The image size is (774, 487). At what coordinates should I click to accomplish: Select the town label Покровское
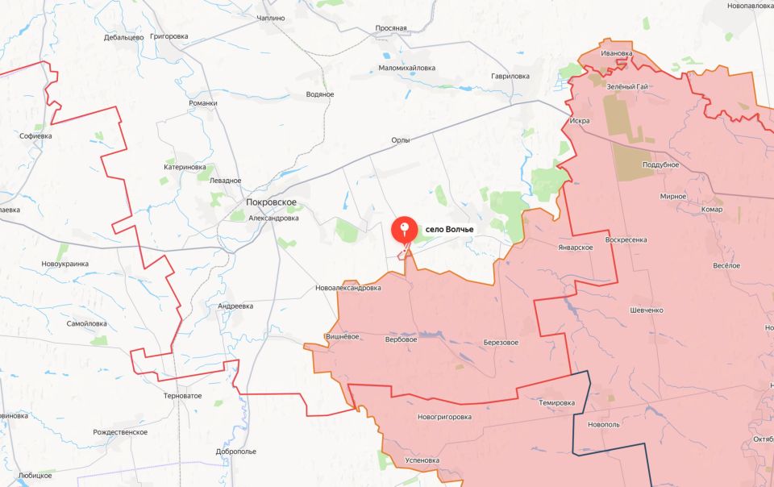(272, 202)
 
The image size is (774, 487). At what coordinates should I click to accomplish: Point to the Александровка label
(273, 218)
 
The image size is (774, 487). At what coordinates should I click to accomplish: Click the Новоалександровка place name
(348, 288)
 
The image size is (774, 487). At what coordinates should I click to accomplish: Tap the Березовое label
(501, 342)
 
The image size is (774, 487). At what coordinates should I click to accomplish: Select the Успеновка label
(422, 460)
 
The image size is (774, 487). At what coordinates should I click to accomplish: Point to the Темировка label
(557, 402)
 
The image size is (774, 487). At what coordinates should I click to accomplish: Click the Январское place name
(575, 247)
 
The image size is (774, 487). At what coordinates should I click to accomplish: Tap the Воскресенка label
(626, 239)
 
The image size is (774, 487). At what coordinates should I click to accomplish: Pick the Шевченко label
(647, 310)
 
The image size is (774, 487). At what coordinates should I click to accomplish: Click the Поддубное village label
(660, 164)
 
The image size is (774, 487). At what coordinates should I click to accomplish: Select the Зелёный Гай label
(628, 86)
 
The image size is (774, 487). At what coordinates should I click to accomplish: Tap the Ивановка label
(617, 53)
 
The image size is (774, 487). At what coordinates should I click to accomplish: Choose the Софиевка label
(35, 136)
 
